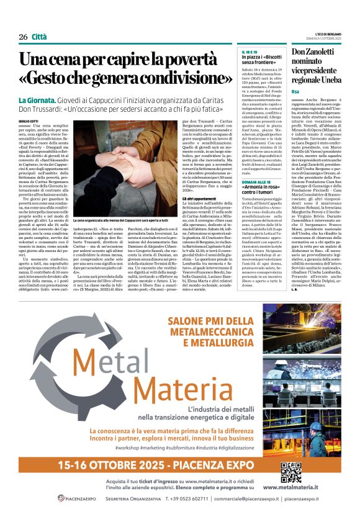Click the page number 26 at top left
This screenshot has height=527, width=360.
[x=23, y=37]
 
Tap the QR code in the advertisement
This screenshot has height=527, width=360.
[x=290, y=472]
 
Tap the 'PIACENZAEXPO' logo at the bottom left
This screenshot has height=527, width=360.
[x=77, y=498]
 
